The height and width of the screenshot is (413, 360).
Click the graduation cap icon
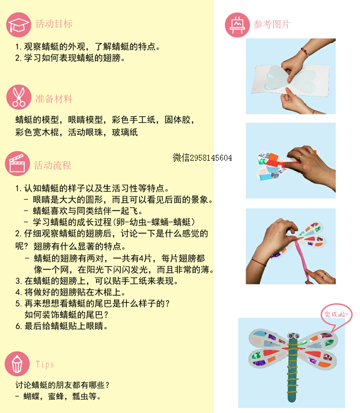point(19,25)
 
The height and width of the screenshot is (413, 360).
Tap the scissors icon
point(19,97)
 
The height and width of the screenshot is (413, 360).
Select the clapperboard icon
point(17,163)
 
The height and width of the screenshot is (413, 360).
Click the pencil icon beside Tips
point(17,364)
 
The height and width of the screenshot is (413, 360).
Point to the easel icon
point(237,25)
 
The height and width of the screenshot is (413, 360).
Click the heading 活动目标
point(54,24)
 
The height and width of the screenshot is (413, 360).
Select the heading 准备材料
point(54,99)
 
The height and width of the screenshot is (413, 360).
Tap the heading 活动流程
point(52,165)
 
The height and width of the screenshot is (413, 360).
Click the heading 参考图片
point(272,24)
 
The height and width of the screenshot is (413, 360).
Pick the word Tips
point(45,364)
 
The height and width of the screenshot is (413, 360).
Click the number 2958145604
point(211,158)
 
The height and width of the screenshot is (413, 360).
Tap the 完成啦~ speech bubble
point(336,315)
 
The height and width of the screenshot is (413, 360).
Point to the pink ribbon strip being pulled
point(302,260)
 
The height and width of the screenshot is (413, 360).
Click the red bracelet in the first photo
point(305,52)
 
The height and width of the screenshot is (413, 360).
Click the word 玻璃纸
point(125,132)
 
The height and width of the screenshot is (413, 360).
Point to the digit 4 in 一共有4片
point(142,258)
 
